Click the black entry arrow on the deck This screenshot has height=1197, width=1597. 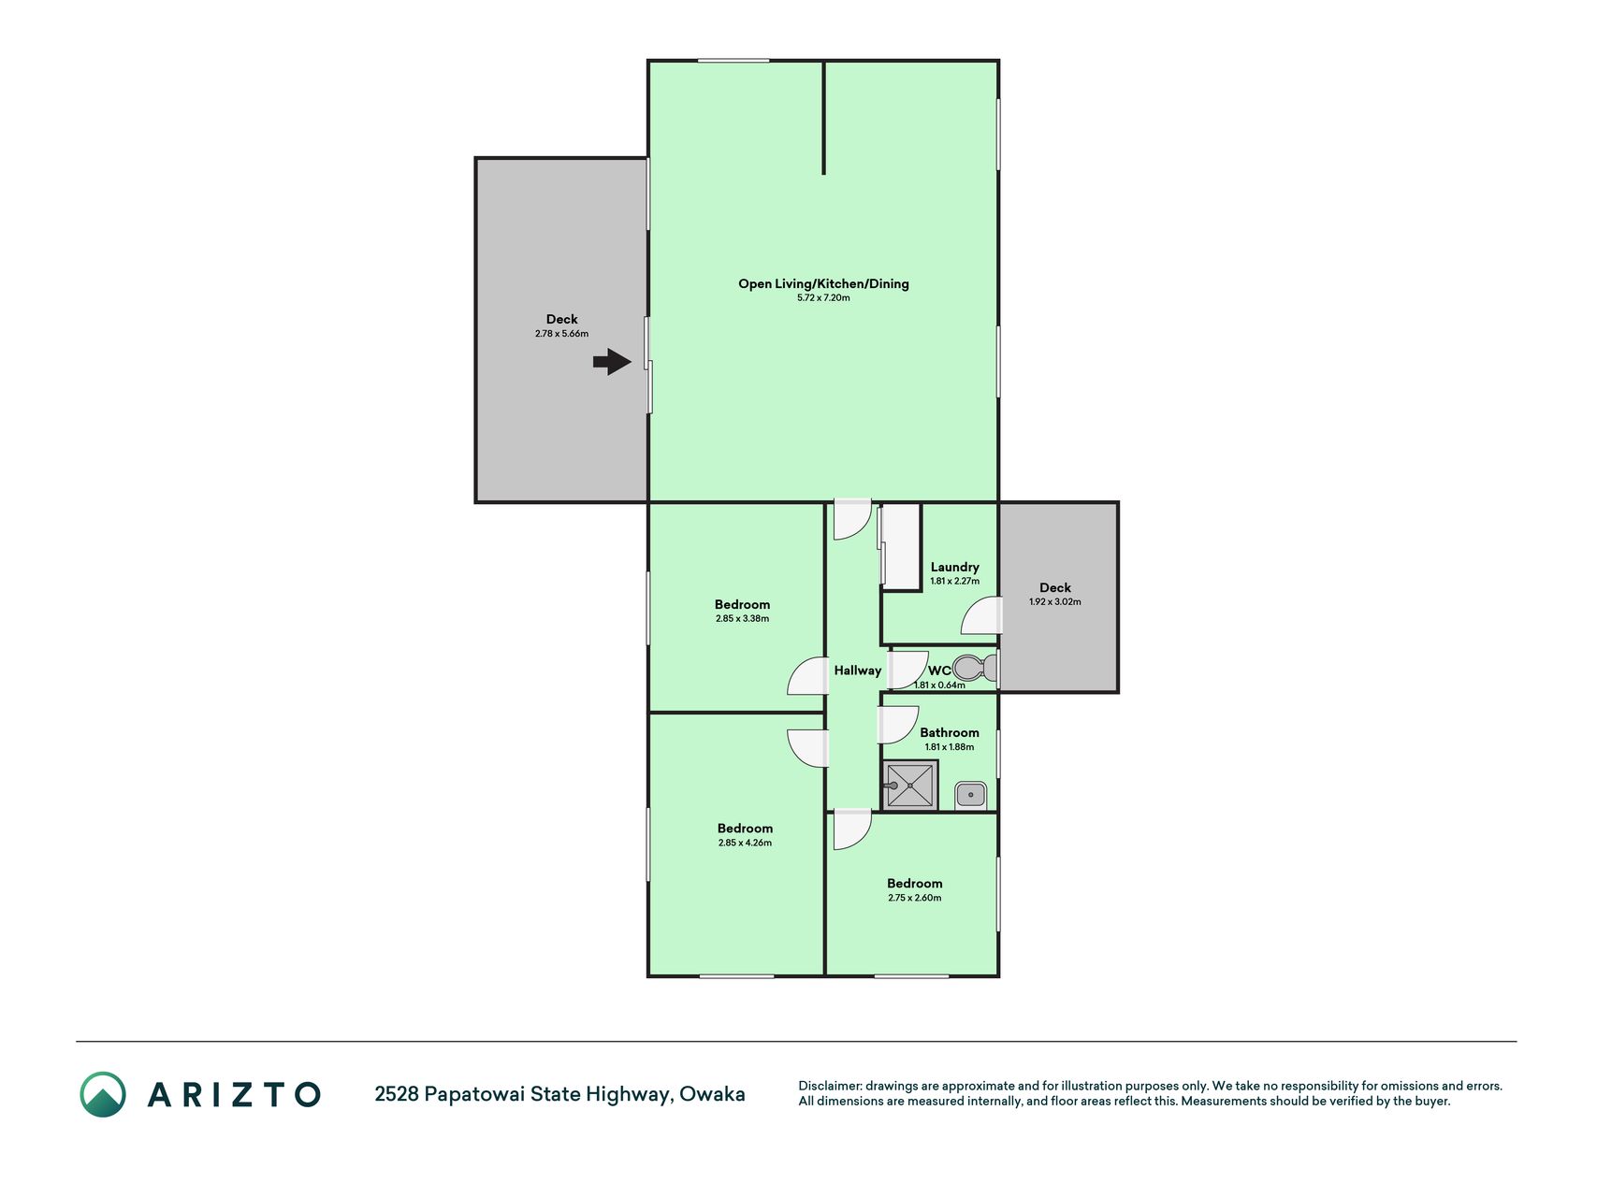612,362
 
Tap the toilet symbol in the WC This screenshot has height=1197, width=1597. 975,669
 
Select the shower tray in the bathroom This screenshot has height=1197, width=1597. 910,785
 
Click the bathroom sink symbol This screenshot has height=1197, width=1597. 971,796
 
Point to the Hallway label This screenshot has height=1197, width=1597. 858,671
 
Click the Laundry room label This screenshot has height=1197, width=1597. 955,567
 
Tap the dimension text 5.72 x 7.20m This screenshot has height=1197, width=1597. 823,298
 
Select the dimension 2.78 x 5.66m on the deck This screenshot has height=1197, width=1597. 562,334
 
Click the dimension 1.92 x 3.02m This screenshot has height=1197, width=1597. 1055,602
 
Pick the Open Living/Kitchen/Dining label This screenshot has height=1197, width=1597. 823,283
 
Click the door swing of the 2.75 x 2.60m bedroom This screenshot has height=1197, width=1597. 852,829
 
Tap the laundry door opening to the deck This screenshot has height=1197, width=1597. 981,616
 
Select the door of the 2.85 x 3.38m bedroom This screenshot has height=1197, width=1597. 808,676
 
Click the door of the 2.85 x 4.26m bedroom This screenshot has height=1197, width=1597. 808,748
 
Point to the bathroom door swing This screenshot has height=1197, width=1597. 897,725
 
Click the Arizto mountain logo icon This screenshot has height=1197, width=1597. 103,1094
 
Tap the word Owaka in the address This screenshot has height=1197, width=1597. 712,1094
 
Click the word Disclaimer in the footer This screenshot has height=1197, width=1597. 829,1086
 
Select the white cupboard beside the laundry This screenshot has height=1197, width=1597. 901,547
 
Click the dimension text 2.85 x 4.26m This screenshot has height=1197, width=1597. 746,843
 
